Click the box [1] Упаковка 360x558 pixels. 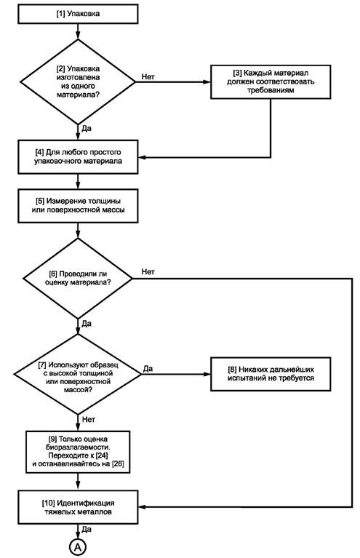[78, 15]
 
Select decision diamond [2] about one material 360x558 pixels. [78, 82]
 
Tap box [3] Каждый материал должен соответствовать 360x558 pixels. [271, 82]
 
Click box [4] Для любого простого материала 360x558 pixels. [78, 157]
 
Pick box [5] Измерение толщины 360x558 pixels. [78, 206]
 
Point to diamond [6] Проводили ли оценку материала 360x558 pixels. [78, 279]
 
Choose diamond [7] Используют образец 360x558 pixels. [78, 375]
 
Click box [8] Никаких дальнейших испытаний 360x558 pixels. [271, 375]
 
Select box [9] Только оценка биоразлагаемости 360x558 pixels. [78, 452]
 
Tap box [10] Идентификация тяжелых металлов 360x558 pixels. [78, 507]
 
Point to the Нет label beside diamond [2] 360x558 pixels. [148, 76]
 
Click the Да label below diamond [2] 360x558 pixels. [87, 128]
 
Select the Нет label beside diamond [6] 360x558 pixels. [148, 272]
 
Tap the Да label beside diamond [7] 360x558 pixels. [148, 368]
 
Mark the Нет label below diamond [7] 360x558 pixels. [89, 420]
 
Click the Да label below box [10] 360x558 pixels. [87, 530]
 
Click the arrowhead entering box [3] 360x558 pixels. [207, 82]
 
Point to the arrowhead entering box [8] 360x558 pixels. [207, 375]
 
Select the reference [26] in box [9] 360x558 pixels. [118, 464]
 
